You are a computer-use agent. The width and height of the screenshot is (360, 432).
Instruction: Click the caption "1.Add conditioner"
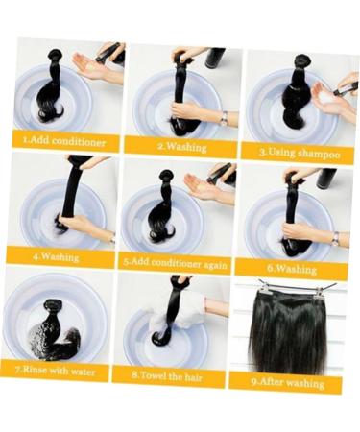click(x=63, y=140)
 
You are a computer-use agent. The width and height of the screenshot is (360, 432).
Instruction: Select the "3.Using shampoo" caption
click(x=299, y=152)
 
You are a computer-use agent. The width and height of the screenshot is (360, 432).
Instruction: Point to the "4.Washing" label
click(x=56, y=256)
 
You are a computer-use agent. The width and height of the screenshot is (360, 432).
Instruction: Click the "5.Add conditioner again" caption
click(x=173, y=260)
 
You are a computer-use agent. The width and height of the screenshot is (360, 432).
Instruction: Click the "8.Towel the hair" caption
click(x=168, y=374)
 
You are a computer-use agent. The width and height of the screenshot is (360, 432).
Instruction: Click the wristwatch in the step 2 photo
click(x=223, y=117)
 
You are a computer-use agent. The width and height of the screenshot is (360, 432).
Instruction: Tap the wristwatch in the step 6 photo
click(x=334, y=238)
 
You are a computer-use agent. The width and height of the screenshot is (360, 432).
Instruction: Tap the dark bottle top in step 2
click(x=215, y=58)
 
